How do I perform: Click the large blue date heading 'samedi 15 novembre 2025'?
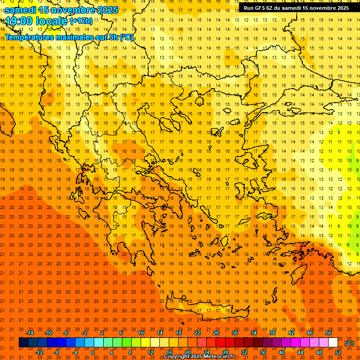[61, 10]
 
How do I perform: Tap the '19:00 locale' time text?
[37, 21]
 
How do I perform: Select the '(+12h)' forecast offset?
[81, 21]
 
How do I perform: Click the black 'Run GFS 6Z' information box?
[296, 8]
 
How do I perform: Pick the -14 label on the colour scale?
[30, 333]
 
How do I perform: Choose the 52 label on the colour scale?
[338, 352]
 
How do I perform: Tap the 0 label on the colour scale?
[93, 352]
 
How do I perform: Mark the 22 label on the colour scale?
[197, 333]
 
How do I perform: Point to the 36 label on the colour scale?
[263, 352]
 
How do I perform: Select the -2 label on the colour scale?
[85, 333]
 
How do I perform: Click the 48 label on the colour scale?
[319, 352]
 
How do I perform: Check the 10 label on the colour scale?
[141, 333]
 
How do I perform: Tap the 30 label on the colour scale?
[235, 333]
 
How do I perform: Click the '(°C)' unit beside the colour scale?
[349, 343]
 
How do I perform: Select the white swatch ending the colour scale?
[333, 343]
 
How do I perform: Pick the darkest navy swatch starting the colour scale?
[23, 343]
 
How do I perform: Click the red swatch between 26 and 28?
[220, 343]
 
